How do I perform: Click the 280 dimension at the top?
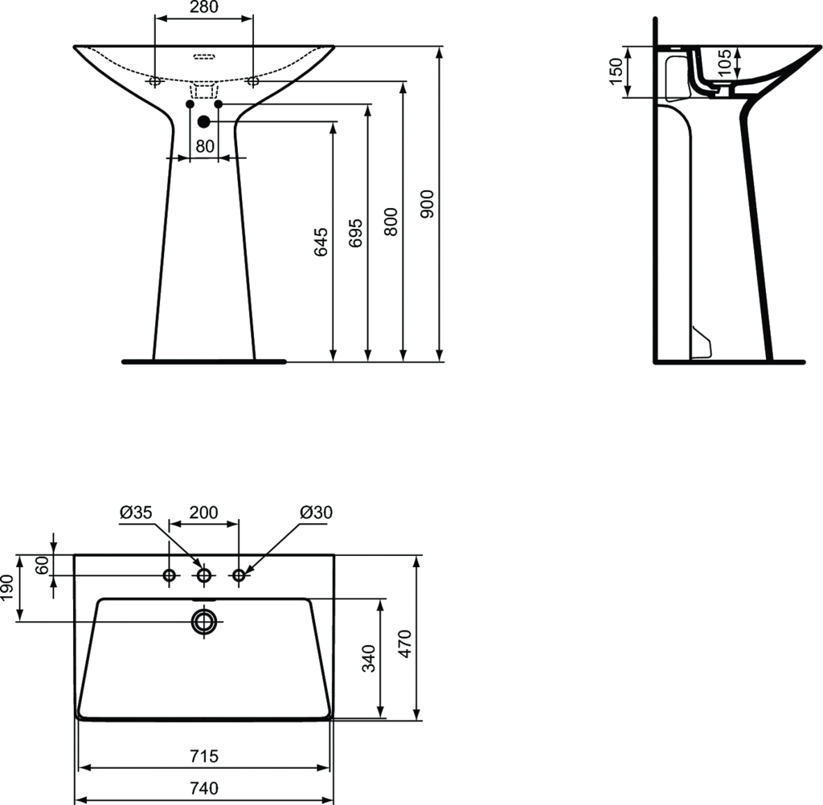coord(204,6)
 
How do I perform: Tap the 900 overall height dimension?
coord(428,204)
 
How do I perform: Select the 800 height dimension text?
coord(391,222)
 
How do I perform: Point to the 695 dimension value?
coord(356,233)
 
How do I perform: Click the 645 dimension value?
coord(321,242)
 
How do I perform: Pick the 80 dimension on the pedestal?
coord(205,146)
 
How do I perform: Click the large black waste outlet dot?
coord(203,122)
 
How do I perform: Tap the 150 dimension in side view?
coord(616,72)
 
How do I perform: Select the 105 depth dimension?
coord(724,63)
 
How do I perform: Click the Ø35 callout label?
coord(136,513)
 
